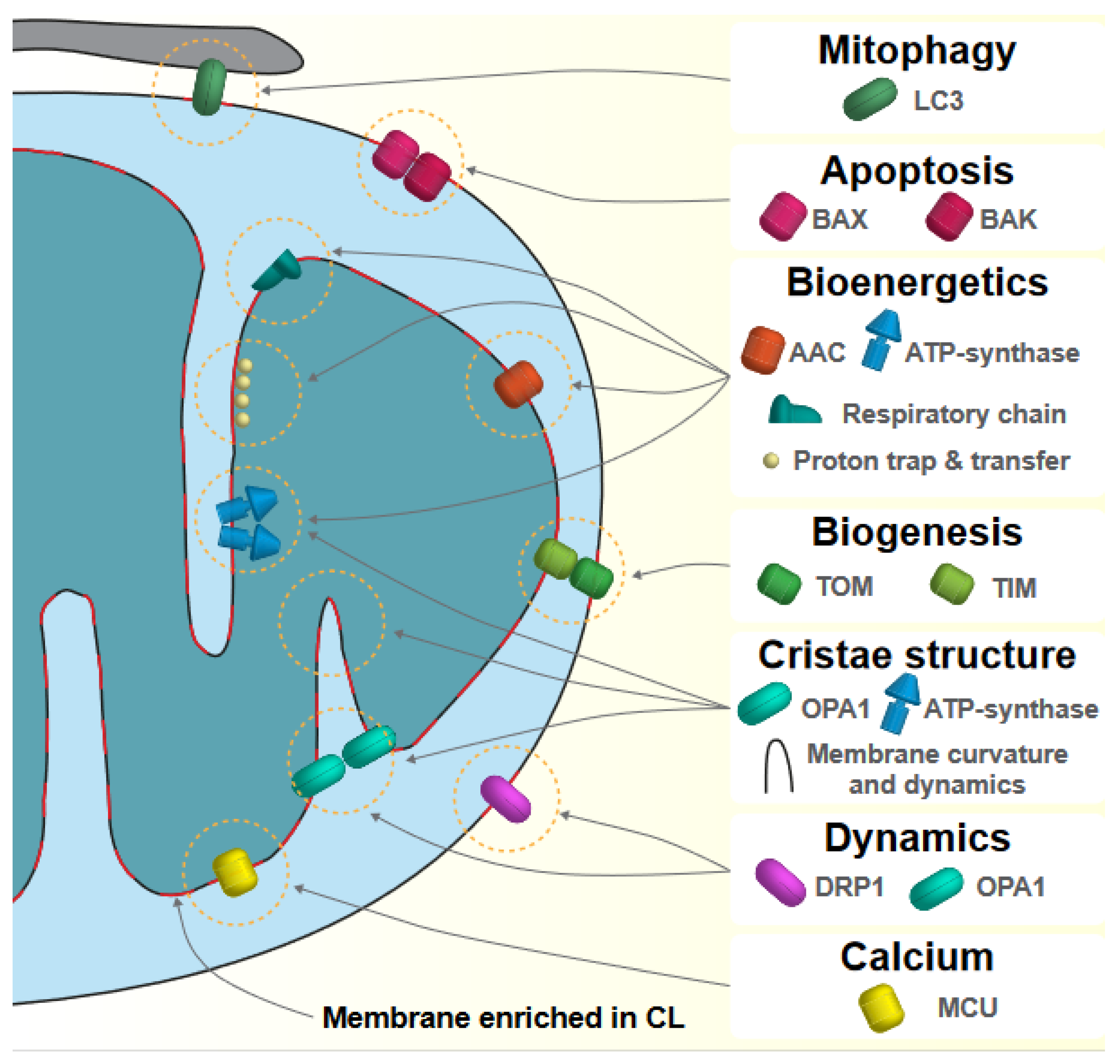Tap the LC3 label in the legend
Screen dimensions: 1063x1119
pyautogui.click(x=938, y=101)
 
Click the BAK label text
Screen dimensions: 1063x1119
pyautogui.click(x=1008, y=220)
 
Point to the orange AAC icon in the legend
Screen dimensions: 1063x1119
pyautogui.click(x=762, y=350)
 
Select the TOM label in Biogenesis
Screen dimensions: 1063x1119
pyautogui.click(x=844, y=586)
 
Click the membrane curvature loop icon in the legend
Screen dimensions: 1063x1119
pyautogui.click(x=778, y=767)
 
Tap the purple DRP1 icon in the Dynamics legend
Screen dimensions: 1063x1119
pyautogui.click(x=780, y=883)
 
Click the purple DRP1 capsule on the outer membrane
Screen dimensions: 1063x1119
pyautogui.click(x=505, y=799)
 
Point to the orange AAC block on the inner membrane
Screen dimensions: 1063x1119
pyautogui.click(x=518, y=384)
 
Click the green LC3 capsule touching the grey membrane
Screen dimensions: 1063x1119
pyautogui.click(x=209, y=87)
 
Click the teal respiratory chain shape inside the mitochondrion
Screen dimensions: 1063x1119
pyautogui.click(x=278, y=272)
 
